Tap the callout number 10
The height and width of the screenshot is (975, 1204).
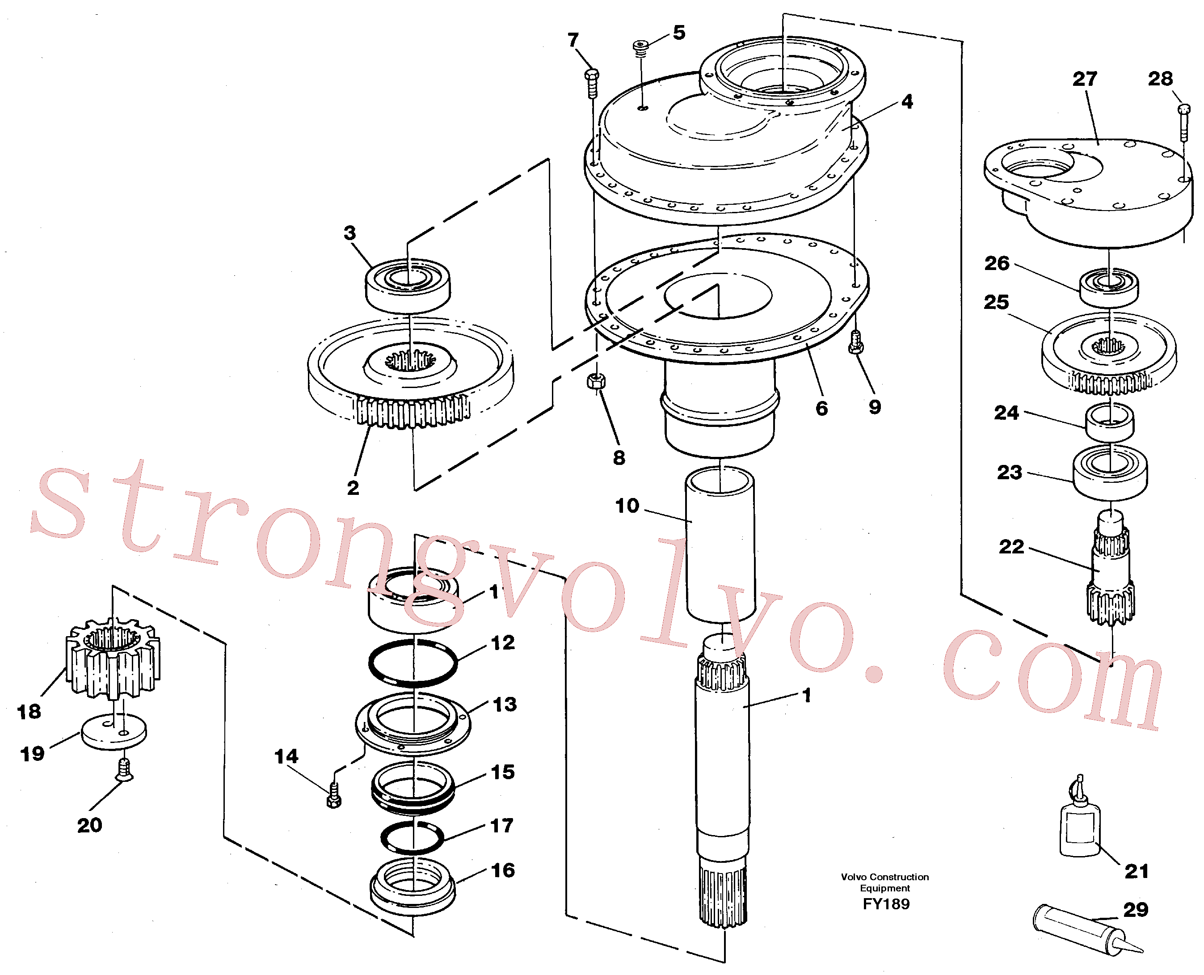(x=627, y=506)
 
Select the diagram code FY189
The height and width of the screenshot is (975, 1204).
(x=886, y=903)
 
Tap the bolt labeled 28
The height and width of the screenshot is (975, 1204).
(x=1183, y=122)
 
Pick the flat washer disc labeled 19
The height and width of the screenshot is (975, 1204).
(x=114, y=732)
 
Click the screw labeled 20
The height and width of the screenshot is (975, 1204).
(x=124, y=769)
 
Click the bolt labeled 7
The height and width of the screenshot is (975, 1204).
(x=592, y=83)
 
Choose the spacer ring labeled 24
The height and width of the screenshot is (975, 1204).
(x=1109, y=422)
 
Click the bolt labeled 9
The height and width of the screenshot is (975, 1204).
(x=855, y=342)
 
